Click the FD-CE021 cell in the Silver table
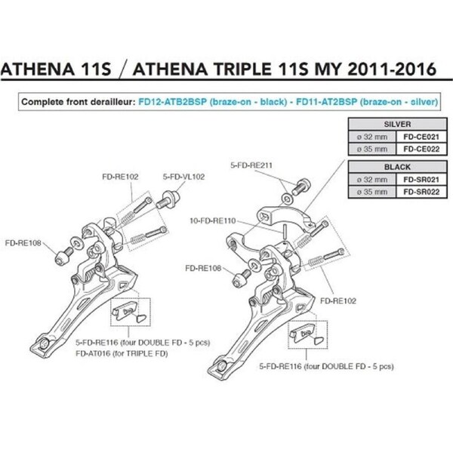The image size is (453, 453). pos(421,137)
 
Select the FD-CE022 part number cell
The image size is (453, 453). pos(421,149)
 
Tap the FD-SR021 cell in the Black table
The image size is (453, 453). pos(421,180)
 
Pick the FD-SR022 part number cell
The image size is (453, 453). pos(421,192)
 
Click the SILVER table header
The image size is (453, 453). pos(398,125)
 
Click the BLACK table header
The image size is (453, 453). pos(398,167)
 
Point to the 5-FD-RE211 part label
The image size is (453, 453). pos(251,165)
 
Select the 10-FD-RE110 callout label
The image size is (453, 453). pos(213,221)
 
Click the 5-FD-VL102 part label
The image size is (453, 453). pos(183,177)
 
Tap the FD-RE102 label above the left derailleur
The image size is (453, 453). pos(120,177)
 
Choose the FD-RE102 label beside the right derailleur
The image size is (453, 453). pos(338,300)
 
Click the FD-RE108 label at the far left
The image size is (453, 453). pos(23,243)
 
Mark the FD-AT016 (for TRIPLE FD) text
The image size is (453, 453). pos(122,353)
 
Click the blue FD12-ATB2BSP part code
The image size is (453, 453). pos(172,102)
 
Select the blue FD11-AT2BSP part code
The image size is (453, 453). pos(327,102)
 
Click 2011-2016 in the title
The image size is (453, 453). pos(392,69)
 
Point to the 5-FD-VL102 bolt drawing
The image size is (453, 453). pos(168,199)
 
